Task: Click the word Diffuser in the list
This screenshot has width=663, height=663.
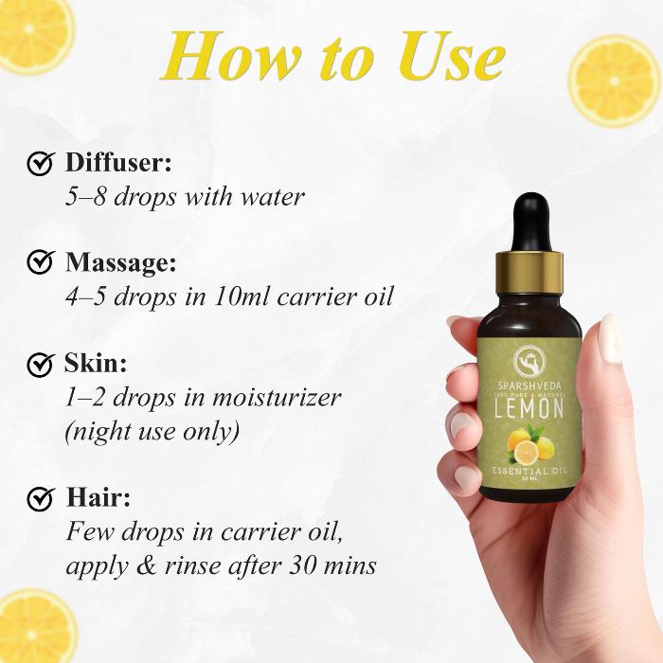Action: click(x=118, y=162)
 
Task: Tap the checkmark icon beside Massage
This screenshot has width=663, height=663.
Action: click(x=41, y=261)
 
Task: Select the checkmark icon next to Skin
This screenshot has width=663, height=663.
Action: click(x=41, y=363)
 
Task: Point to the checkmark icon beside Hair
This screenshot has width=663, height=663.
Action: click(x=41, y=498)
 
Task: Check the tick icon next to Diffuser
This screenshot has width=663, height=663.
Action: click(x=41, y=163)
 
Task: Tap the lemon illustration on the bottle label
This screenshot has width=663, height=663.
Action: click(x=529, y=445)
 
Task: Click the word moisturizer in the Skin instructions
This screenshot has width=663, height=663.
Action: click(x=277, y=398)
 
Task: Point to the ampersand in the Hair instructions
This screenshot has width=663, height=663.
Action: click(x=147, y=565)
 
